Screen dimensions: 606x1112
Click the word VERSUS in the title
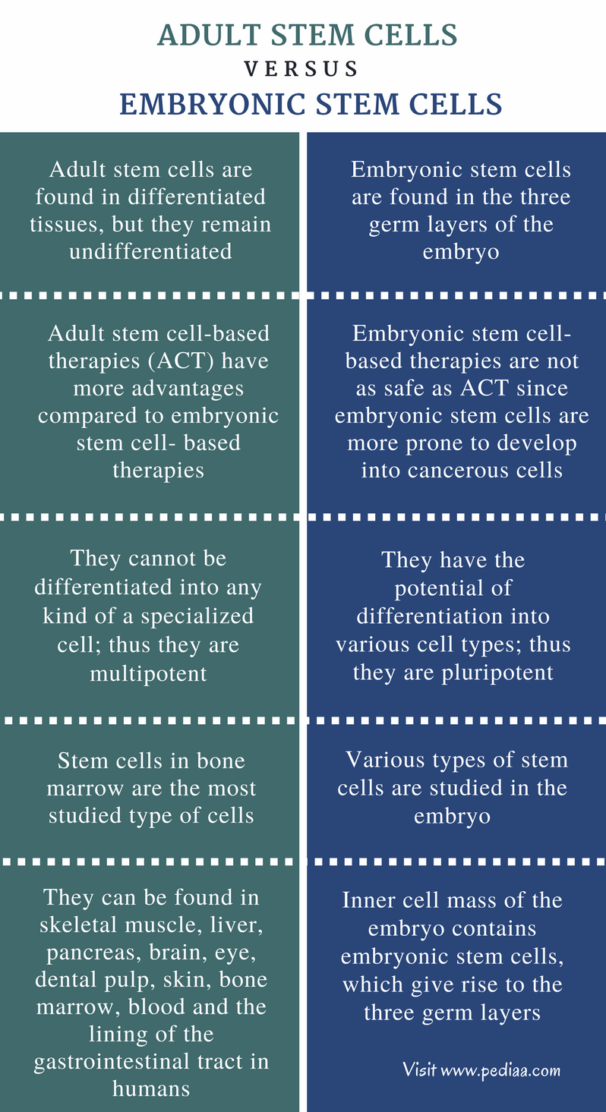(x=301, y=68)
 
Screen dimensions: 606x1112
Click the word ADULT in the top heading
(x=209, y=35)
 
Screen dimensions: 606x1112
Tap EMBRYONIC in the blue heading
(x=213, y=104)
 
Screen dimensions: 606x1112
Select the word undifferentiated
(x=150, y=251)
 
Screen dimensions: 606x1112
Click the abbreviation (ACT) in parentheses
(x=181, y=361)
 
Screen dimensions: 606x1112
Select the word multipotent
(x=149, y=674)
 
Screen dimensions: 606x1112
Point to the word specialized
(x=197, y=616)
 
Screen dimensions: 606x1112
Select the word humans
(x=151, y=1088)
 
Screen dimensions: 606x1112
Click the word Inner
(x=365, y=900)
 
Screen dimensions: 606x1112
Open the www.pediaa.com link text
(x=500, y=1070)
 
